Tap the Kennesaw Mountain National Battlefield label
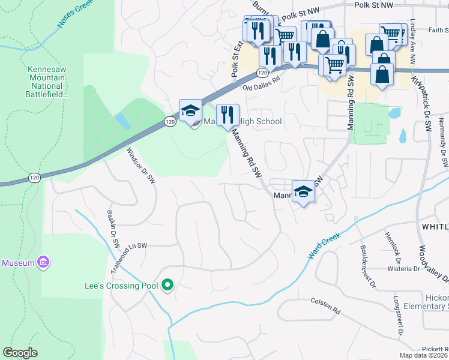point(47,81)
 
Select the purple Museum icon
point(42,263)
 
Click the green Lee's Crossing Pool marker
point(168,286)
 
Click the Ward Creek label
point(324,245)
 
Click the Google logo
point(20,352)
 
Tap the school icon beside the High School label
point(191,111)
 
